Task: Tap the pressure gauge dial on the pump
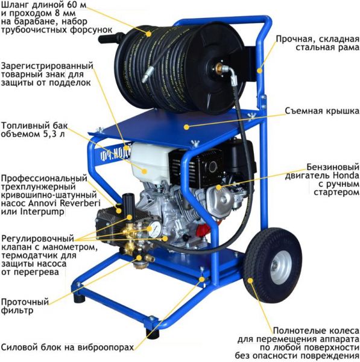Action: (155, 229)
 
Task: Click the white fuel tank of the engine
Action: (149, 161)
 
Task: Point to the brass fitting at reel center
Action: (218, 68)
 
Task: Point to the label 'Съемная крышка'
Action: (322, 111)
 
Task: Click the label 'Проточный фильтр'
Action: (25, 306)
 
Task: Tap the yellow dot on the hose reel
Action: (148, 34)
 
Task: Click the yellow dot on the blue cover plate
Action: (186, 127)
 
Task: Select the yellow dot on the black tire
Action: (250, 281)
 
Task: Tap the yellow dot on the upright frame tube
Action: (260, 70)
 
